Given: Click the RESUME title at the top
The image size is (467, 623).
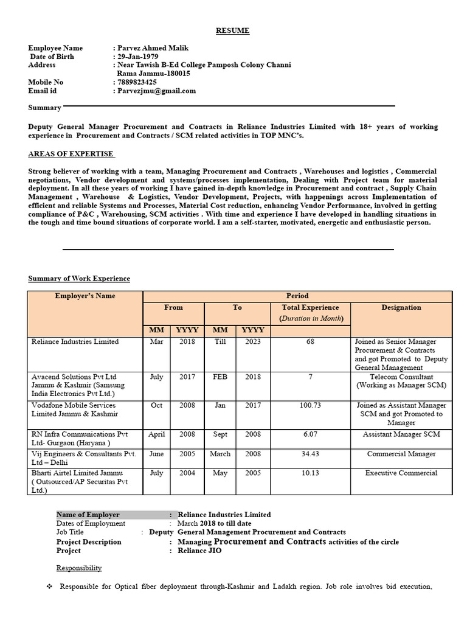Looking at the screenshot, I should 233,30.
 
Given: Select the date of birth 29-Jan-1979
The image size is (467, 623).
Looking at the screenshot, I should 137,57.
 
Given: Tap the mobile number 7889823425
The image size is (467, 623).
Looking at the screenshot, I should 136,82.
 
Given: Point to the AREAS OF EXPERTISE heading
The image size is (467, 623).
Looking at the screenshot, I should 71,154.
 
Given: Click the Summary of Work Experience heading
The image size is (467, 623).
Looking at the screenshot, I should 79,279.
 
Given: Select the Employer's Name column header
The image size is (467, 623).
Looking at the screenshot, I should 85,296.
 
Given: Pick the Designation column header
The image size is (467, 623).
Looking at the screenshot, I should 401,308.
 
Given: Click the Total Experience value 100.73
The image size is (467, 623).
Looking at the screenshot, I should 310,405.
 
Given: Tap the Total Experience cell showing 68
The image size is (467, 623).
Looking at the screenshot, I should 310,342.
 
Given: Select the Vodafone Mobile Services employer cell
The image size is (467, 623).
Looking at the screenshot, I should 75,409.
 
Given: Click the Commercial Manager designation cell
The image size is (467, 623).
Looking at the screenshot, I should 401,454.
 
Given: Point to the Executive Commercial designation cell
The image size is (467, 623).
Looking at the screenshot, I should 401,473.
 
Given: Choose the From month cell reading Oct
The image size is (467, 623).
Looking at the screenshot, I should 157,405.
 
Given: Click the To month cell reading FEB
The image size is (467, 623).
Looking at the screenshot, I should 220,377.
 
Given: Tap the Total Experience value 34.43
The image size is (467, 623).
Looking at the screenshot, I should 310,454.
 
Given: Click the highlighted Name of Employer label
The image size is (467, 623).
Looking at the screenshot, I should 88,515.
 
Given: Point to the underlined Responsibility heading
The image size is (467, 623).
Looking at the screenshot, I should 79,568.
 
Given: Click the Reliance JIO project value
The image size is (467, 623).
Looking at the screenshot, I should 199,551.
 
